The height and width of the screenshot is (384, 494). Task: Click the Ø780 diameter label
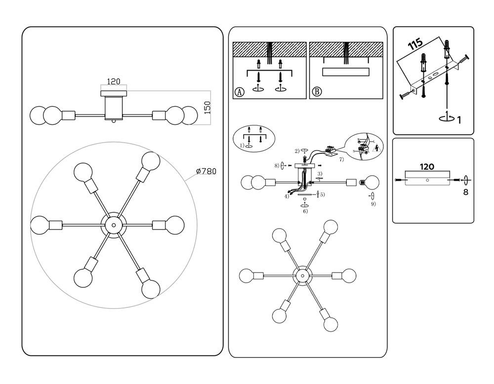coord(206,171)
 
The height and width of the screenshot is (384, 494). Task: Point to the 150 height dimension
coord(207,107)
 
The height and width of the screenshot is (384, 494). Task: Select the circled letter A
coord(240,92)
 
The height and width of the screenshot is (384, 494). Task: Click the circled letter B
coord(316,92)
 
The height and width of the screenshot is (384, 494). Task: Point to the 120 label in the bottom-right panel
coord(427,167)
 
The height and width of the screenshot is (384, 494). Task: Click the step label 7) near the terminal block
coord(340,160)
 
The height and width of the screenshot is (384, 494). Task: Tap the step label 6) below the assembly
coord(305,211)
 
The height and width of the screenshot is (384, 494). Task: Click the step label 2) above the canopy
coord(297,150)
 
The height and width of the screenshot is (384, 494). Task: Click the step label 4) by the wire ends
coord(287,196)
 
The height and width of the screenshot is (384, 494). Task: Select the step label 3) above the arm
coord(320,173)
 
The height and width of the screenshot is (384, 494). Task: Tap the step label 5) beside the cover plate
coord(322,194)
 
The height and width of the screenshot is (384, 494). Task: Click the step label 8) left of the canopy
coord(278,166)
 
